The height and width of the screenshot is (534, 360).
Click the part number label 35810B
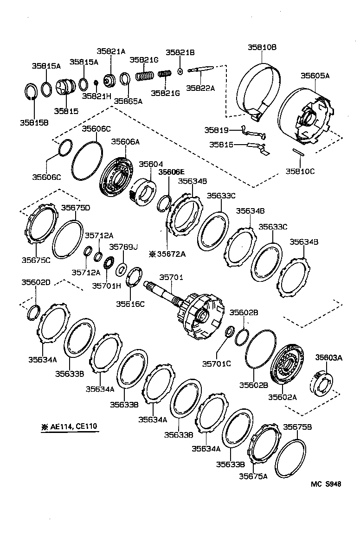(262, 47)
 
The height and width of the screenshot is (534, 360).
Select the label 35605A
(315, 75)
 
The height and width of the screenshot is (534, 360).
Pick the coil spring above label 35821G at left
(144, 75)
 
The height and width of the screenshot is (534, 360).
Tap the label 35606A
(125, 142)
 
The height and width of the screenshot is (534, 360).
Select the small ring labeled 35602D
(33, 313)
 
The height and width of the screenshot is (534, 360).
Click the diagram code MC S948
(326, 483)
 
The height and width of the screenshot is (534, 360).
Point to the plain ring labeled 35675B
(290, 459)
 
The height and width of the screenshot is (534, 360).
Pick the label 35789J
(123, 247)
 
